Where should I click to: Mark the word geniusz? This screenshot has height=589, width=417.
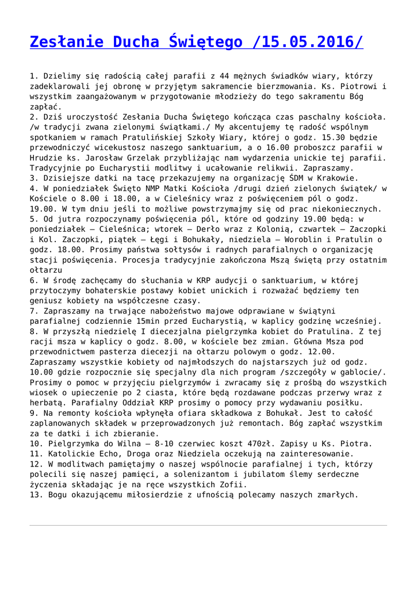coord(47,300)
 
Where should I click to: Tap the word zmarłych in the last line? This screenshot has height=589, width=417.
coord(337,495)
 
